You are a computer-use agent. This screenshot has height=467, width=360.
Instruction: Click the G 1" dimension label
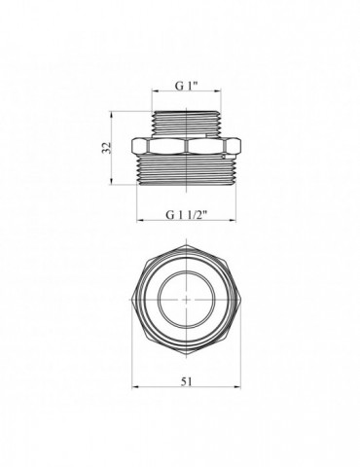click(x=187, y=86)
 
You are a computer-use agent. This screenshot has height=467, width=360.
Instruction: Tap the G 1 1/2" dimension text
click(x=187, y=215)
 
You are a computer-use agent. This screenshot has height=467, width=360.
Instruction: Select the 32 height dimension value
click(x=107, y=148)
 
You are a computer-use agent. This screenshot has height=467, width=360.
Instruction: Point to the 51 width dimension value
click(x=186, y=381)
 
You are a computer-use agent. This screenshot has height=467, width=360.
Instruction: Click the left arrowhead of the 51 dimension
click(x=135, y=387)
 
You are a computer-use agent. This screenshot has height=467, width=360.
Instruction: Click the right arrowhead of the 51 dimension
click(x=237, y=387)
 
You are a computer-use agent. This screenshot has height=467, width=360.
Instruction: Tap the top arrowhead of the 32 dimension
click(x=111, y=115)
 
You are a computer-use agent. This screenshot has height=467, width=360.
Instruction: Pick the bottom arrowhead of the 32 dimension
click(x=111, y=182)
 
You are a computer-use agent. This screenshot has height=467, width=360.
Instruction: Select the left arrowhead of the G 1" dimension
click(x=156, y=91)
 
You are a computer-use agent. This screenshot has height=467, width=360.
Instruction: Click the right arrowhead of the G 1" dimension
click(x=218, y=91)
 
